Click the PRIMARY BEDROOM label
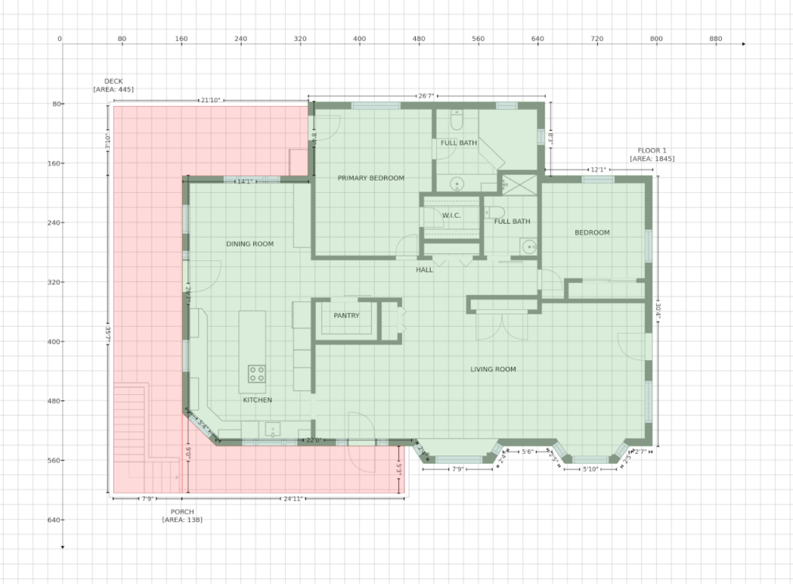point(371,178)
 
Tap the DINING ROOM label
point(249,244)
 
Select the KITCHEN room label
point(257,400)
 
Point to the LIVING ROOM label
point(493,369)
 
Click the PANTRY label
point(346,316)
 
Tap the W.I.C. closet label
point(451,215)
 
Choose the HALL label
point(424,270)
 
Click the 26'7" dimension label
point(426,97)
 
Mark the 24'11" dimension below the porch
point(292,499)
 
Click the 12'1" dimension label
point(598,170)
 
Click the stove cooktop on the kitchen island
point(256,374)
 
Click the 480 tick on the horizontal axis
point(419,39)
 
